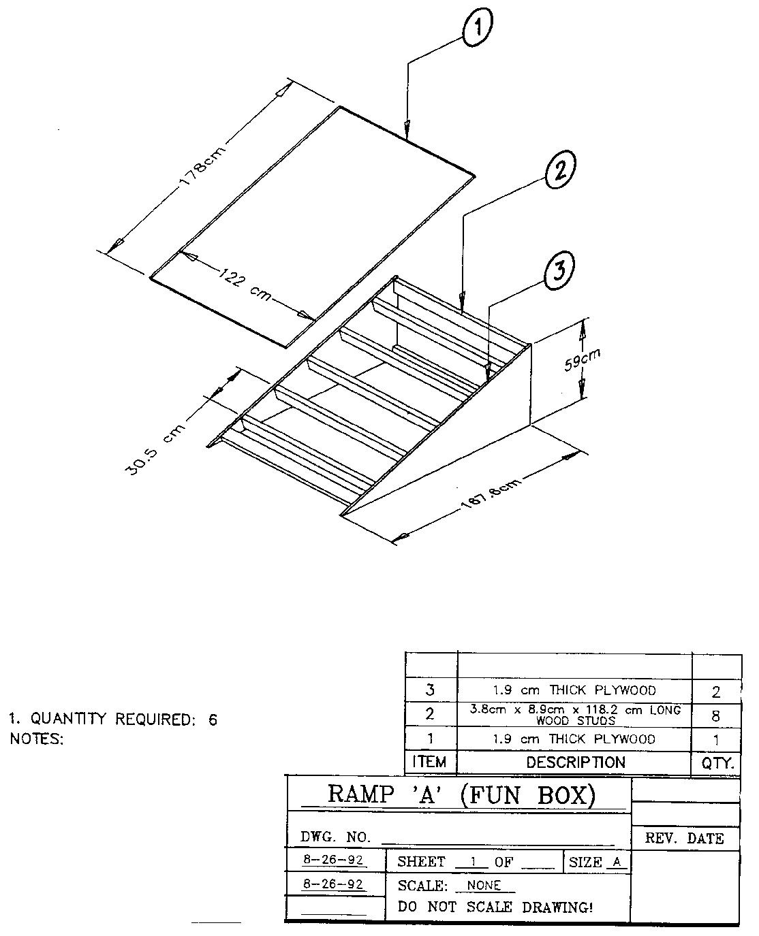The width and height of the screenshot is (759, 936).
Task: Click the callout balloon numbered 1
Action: [478, 28]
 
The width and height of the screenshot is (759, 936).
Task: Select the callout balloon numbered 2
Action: [560, 170]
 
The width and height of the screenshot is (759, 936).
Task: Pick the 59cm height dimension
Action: [583, 360]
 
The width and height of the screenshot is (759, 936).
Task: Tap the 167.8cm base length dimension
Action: [492, 492]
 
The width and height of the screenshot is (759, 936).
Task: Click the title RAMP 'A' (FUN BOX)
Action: [462, 794]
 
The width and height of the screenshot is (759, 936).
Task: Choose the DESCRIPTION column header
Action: [575, 762]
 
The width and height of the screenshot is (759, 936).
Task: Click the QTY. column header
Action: [717, 763]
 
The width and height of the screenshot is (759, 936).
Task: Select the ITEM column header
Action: [429, 762]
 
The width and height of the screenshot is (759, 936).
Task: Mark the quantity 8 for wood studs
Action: [715, 716]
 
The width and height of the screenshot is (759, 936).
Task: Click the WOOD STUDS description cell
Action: [575, 715]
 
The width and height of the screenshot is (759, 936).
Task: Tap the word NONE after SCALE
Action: [484, 885]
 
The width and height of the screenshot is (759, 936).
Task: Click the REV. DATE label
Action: [684, 838]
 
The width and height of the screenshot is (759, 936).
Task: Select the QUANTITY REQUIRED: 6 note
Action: [113, 720]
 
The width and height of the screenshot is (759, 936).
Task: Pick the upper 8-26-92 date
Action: [333, 860]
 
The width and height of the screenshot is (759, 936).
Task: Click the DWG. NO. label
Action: [335, 837]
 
